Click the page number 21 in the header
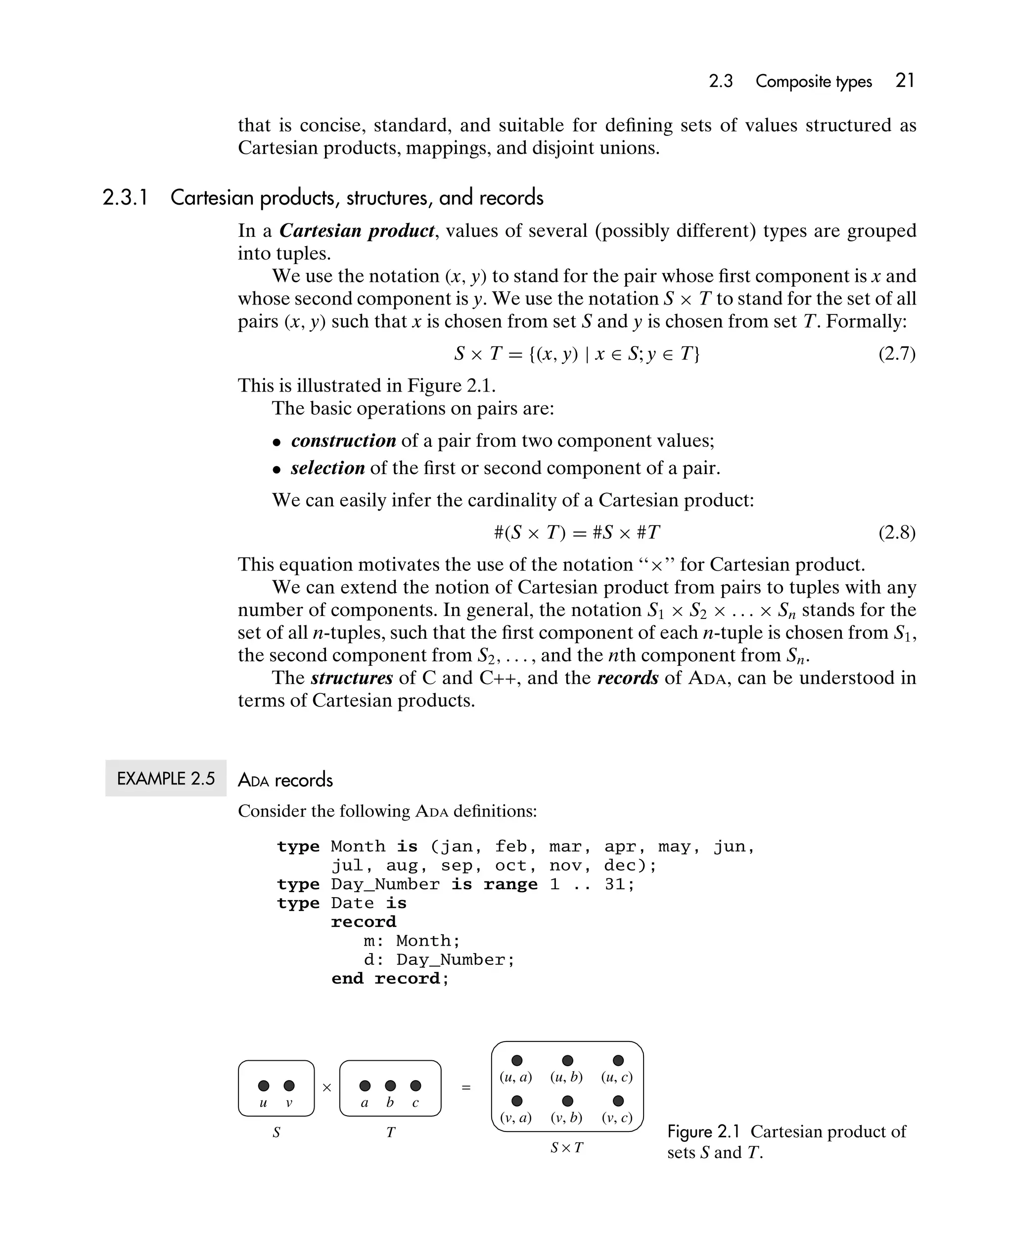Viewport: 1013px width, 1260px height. click(x=904, y=81)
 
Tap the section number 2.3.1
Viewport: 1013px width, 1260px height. click(x=125, y=198)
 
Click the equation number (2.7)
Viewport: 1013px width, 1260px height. click(x=897, y=353)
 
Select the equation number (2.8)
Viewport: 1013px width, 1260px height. click(x=897, y=532)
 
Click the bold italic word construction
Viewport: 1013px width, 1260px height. click(x=343, y=440)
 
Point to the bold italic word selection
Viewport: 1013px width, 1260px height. click(x=327, y=468)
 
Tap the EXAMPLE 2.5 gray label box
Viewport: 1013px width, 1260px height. click(x=166, y=779)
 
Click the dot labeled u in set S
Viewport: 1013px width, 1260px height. click(x=264, y=1086)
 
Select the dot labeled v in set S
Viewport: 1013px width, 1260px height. click(x=289, y=1086)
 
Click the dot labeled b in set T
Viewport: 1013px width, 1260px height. click(x=390, y=1086)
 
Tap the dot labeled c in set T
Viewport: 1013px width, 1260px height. click(x=415, y=1086)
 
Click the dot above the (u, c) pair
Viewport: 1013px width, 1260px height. click(x=618, y=1061)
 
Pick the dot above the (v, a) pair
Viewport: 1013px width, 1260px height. click(x=516, y=1101)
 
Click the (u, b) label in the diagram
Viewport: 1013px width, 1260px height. click(x=566, y=1077)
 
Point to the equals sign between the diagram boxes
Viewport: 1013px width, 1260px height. click(x=466, y=1087)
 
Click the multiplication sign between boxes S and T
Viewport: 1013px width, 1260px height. click(x=327, y=1087)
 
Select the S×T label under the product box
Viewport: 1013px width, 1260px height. click(x=567, y=1148)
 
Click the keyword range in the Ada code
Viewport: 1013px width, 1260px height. click(x=510, y=884)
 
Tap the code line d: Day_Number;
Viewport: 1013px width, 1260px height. click(x=439, y=959)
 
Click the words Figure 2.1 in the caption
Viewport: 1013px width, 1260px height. click(x=703, y=1132)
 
